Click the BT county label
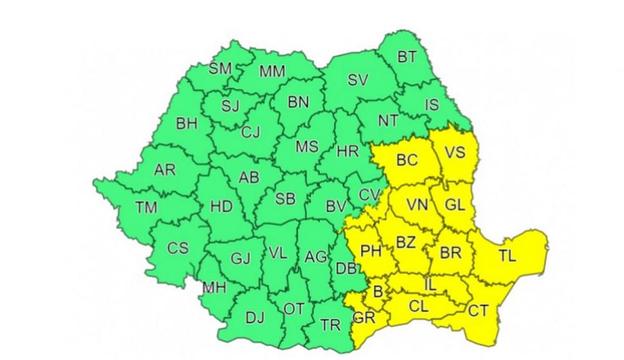pyautogui.click(x=407, y=57)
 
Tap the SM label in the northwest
pyautogui.click(x=220, y=69)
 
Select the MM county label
pyautogui.click(x=272, y=72)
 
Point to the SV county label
pyautogui.click(x=358, y=80)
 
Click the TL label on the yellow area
pyautogui.click(x=507, y=255)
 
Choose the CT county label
pyautogui.click(x=478, y=311)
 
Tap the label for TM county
pyautogui.click(x=146, y=207)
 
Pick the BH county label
pyautogui.click(x=187, y=124)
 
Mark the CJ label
pyautogui.click(x=250, y=133)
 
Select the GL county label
pyautogui.click(x=455, y=205)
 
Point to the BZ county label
pyautogui.click(x=405, y=242)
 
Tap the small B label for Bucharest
pyautogui.click(x=378, y=292)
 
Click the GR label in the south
pyautogui.click(x=364, y=317)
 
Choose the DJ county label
pyautogui.click(x=255, y=317)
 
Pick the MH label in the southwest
pyautogui.click(x=214, y=287)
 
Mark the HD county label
pyautogui.click(x=221, y=206)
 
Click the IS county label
pyautogui.click(x=432, y=104)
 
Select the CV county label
pyautogui.click(x=369, y=194)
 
